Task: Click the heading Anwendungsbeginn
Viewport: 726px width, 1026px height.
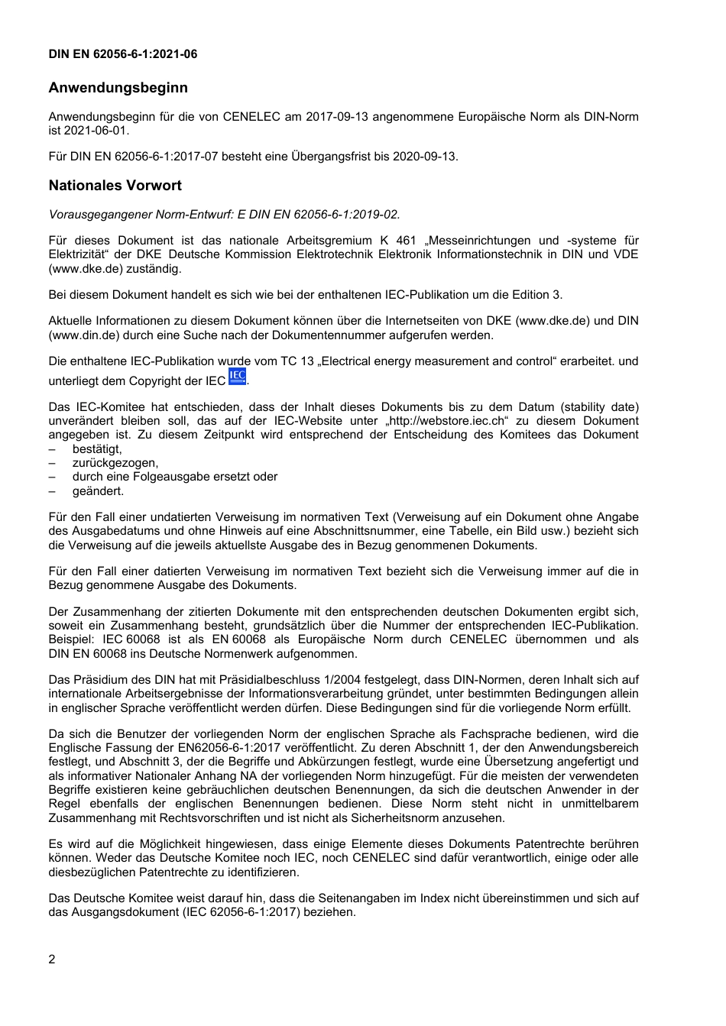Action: (x=118, y=88)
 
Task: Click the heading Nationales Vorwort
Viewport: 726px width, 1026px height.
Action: (x=115, y=186)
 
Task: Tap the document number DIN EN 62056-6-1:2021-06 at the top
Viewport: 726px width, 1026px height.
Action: (x=122, y=54)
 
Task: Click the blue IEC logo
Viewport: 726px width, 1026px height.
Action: (x=238, y=377)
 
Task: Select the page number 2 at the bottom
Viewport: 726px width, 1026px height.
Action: (x=52, y=960)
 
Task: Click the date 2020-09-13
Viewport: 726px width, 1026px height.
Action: (x=425, y=157)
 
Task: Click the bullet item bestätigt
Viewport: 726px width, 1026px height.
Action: (x=97, y=449)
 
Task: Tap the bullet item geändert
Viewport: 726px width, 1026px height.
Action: (x=98, y=491)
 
